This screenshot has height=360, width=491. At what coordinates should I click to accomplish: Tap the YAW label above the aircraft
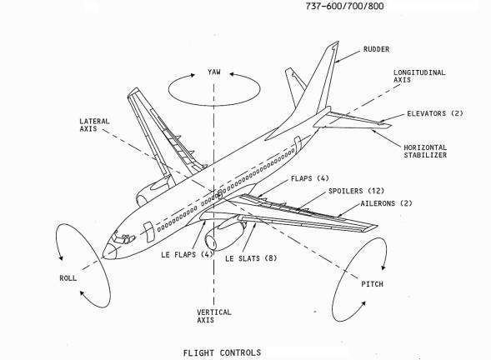pyautogui.click(x=214, y=73)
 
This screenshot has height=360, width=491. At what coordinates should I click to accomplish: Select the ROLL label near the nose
pyautogui.click(x=68, y=278)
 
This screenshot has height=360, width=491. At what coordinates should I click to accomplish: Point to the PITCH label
pyautogui.click(x=373, y=283)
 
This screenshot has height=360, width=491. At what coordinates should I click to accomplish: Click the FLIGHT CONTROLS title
pyautogui.click(x=222, y=352)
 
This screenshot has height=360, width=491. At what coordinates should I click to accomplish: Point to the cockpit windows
pyautogui.click(x=126, y=240)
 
